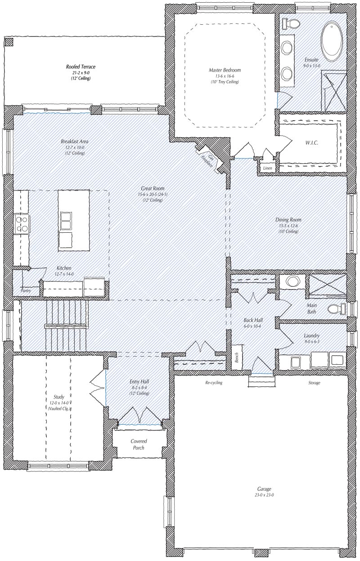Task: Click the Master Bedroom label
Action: [x=225, y=70]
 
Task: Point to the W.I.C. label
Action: [x=311, y=143]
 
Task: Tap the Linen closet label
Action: [x=267, y=168]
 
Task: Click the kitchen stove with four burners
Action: [x=22, y=224]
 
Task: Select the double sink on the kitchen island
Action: [x=66, y=221]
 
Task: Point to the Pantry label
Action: [x=26, y=290]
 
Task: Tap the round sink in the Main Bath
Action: [x=292, y=281]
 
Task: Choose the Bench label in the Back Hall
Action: [x=237, y=357]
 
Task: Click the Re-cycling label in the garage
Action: [x=214, y=382]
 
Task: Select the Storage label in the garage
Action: [x=314, y=383]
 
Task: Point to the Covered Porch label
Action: [x=139, y=444]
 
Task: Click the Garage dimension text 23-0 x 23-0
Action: [x=264, y=495]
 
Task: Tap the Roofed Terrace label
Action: [x=81, y=67]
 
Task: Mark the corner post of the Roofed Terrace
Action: [x=9, y=41]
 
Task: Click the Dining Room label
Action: [x=288, y=220]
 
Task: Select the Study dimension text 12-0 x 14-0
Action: [x=59, y=403]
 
